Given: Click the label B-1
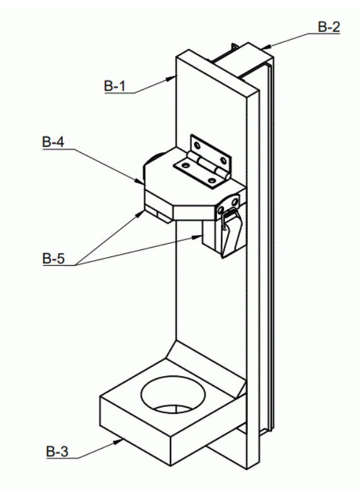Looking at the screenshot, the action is pos(115,86).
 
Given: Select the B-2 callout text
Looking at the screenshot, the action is pos(329,26).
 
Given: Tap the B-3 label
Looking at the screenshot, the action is pos(57,452).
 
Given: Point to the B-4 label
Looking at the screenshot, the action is pos(53,142).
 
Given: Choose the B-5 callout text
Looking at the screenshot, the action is pos(53,258).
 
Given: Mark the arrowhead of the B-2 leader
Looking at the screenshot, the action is pos(266,47).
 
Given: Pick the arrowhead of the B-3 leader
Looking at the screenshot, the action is pos(119,442).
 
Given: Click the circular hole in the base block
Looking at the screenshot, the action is pos(174,395).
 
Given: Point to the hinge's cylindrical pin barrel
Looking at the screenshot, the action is pos(208,165).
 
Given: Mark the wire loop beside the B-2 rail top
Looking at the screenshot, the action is pos(235,47).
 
